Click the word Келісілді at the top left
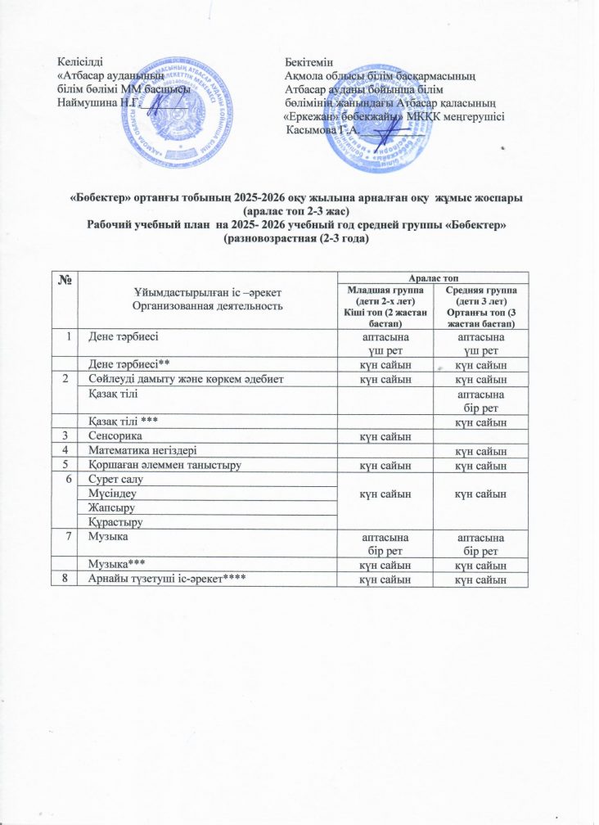(80, 62)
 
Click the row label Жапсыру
(111, 507)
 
